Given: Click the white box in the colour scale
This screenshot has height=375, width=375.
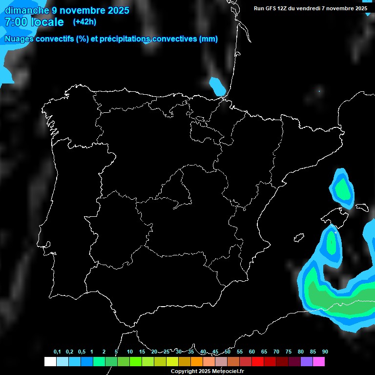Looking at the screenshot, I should pyautogui.click(x=50, y=361).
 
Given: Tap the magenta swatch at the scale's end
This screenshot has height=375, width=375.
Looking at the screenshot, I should pyautogui.click(x=318, y=361).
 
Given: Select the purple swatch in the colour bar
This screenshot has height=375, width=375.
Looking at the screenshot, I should pyautogui.click(x=306, y=361).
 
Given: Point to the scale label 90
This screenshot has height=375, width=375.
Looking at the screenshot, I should pyautogui.click(x=325, y=352).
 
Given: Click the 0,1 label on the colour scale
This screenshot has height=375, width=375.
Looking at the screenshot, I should pyautogui.click(x=57, y=352).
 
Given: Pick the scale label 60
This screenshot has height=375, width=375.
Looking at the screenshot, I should pyautogui.click(x=252, y=352).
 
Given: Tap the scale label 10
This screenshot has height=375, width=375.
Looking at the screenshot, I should pyautogui.click(x=130, y=352).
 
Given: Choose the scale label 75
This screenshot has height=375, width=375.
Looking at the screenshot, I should pyautogui.click(x=289, y=352).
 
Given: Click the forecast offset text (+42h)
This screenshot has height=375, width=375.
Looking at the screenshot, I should pyautogui.click(x=84, y=21).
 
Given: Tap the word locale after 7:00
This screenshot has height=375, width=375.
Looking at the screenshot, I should pyautogui.click(x=47, y=22).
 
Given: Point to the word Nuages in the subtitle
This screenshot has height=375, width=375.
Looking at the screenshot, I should pyautogui.click(x=19, y=39).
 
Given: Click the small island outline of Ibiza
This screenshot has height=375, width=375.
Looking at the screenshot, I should pyautogui.click(x=299, y=238).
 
